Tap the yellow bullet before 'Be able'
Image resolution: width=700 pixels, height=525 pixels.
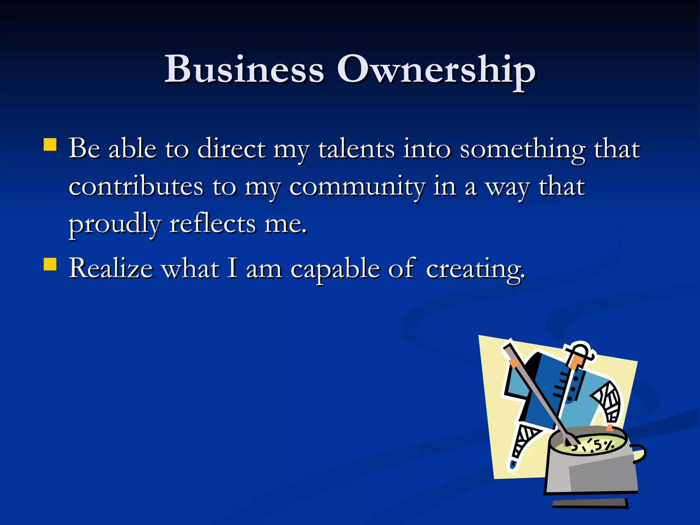point(50,145)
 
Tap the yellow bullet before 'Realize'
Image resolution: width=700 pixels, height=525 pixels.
point(50,264)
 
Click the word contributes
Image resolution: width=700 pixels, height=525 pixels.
point(136,187)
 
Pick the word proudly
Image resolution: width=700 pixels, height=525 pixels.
point(115,225)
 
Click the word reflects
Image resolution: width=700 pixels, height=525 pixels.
point(212,224)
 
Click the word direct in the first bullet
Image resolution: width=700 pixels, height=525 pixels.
point(231,149)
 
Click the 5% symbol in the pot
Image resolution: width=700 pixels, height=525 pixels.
point(603,445)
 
